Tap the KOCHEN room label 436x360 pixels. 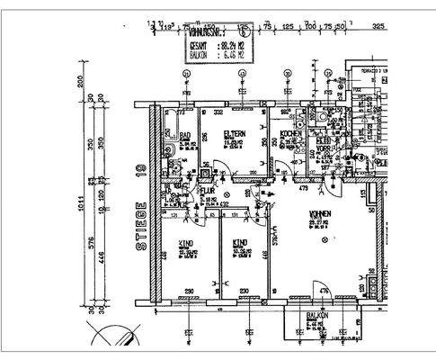[x=289, y=134]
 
